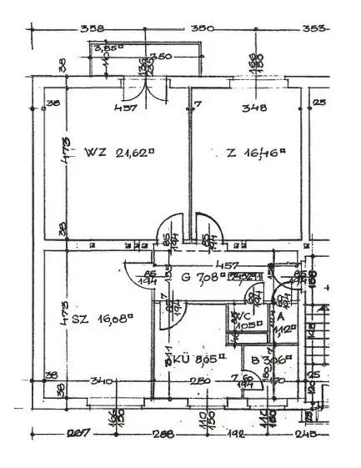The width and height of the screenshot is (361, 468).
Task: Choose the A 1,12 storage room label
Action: click(x=281, y=324)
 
